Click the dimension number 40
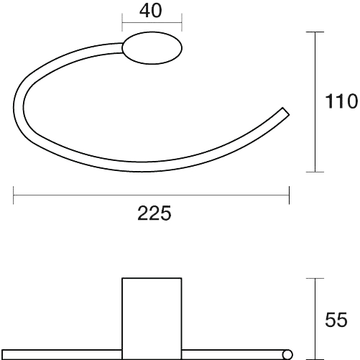click(151, 11)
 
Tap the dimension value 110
click(341, 101)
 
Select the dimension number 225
click(154, 213)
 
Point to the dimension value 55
click(336, 320)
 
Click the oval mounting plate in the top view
click(152, 48)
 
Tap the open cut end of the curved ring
click(286, 112)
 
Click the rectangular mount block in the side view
click(152, 318)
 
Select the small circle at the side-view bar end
click(287, 355)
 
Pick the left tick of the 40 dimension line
click(122, 22)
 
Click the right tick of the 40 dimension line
click(182, 22)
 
